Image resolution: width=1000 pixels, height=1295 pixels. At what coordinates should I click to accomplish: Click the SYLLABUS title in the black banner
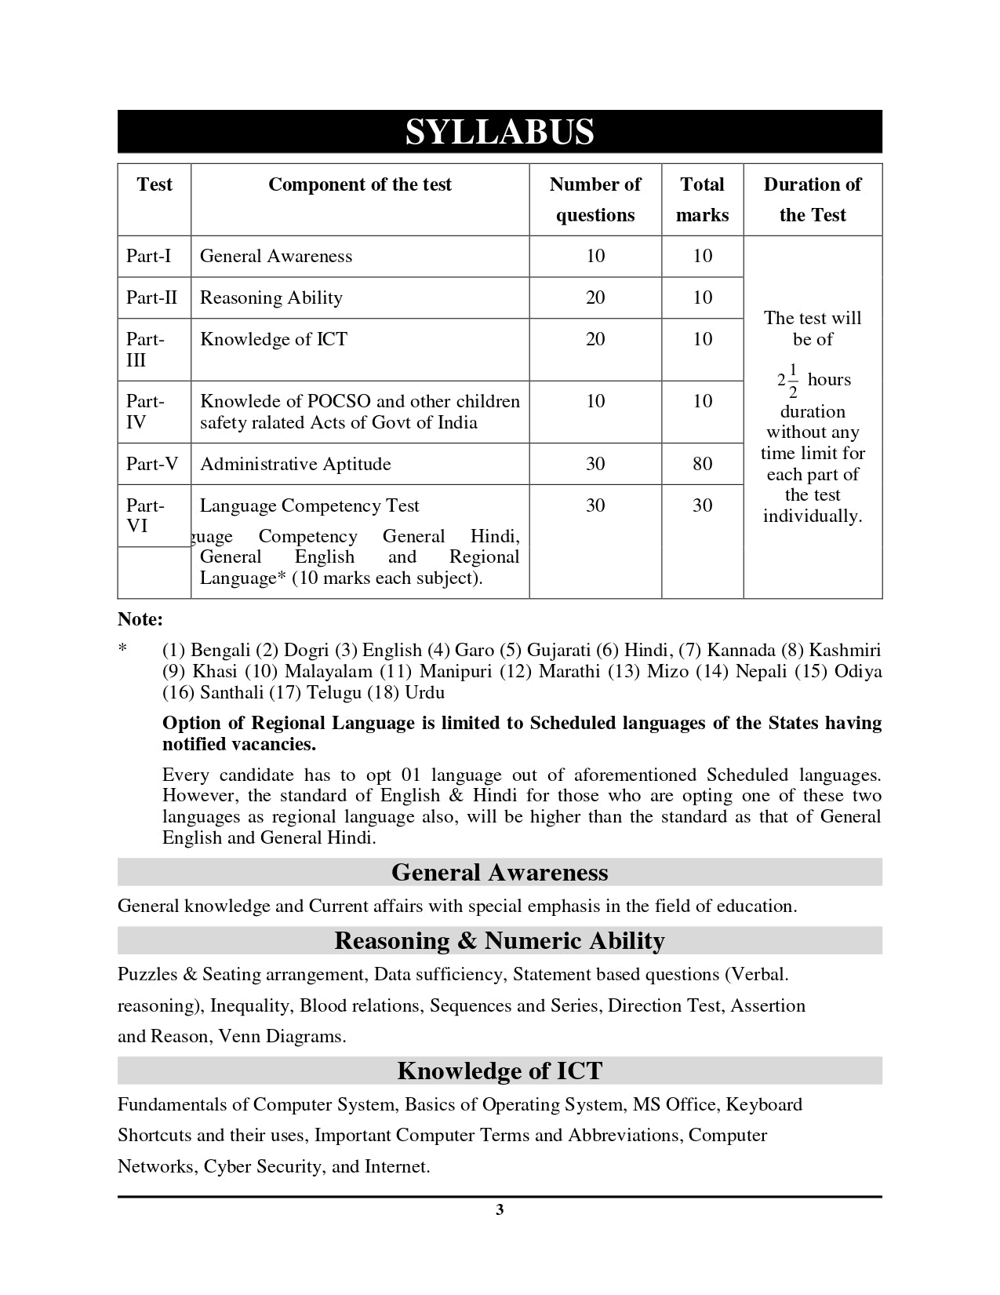click(x=500, y=132)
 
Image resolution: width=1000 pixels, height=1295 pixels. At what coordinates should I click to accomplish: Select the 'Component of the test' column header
click(x=360, y=184)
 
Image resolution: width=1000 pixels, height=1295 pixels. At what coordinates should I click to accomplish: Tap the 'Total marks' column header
click(x=702, y=199)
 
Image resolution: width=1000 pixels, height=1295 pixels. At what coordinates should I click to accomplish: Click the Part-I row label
click(x=148, y=256)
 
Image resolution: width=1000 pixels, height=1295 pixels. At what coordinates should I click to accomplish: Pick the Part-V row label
click(x=152, y=464)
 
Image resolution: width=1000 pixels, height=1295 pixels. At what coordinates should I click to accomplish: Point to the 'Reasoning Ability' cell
click(x=271, y=297)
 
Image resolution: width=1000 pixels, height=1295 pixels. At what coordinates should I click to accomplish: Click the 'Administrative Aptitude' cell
click(x=296, y=464)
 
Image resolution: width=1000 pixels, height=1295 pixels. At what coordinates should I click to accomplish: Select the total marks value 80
click(x=702, y=464)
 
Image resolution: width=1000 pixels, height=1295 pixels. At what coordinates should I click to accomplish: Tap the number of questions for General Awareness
click(x=595, y=256)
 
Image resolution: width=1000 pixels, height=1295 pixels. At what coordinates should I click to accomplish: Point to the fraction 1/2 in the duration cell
click(x=793, y=380)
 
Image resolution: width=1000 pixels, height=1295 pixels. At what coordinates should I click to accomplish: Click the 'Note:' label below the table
click(x=140, y=619)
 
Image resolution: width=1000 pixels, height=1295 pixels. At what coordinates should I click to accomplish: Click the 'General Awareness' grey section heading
click(x=500, y=872)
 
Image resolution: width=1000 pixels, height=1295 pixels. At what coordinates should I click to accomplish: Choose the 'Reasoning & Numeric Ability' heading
click(x=500, y=940)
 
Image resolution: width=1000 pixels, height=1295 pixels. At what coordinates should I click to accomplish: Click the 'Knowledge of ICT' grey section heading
click(x=500, y=1071)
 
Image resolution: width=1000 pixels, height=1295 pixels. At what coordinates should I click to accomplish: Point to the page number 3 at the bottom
click(x=500, y=1209)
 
